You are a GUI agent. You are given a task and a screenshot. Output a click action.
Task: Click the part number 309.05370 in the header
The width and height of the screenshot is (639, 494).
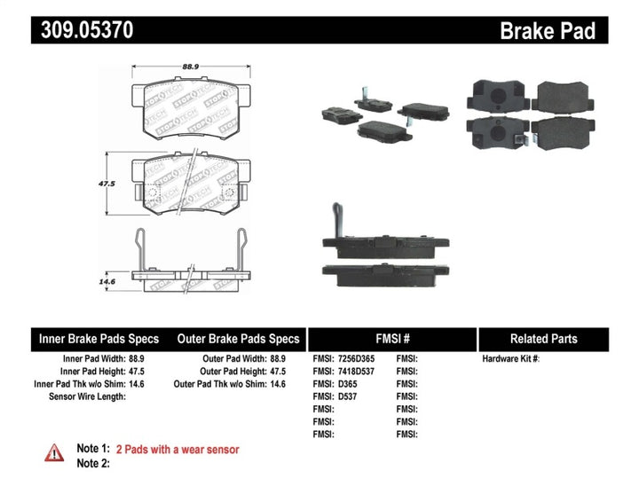click(x=84, y=31)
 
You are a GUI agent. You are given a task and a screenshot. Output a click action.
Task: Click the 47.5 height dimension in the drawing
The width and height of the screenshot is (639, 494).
click(x=106, y=184)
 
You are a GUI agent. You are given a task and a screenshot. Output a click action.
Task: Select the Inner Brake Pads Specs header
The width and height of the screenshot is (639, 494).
click(x=99, y=339)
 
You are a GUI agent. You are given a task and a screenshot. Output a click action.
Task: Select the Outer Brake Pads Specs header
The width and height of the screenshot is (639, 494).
click(x=238, y=339)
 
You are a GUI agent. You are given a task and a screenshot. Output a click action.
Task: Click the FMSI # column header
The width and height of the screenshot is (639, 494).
click(x=391, y=339)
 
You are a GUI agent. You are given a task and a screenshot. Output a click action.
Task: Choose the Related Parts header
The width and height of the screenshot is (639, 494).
click(x=543, y=339)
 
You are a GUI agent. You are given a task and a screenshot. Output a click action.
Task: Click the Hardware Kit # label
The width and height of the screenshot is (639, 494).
click(x=510, y=359)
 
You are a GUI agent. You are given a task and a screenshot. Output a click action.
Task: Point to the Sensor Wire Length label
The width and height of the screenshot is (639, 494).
click(x=87, y=396)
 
